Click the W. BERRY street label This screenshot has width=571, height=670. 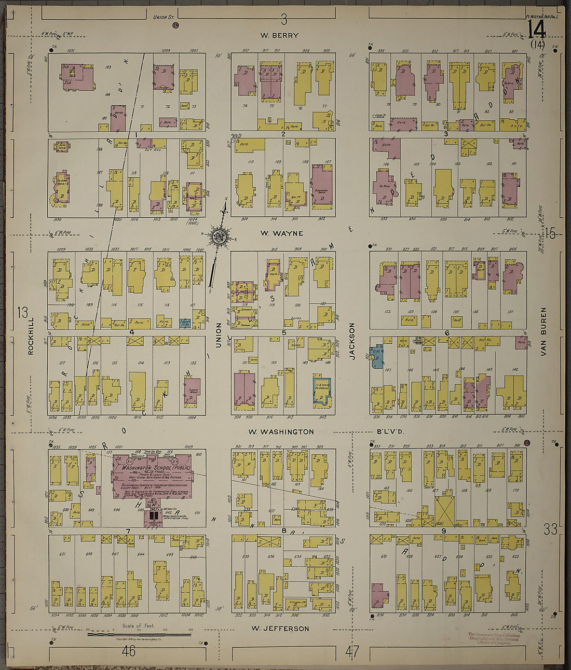tap(279, 35)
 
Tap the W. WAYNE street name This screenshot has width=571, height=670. tap(281, 233)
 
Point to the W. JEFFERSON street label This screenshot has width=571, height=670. tap(280, 629)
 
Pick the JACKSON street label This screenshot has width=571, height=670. tap(351, 341)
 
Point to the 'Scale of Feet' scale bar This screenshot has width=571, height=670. tap(139, 633)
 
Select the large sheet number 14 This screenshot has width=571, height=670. tap(536, 30)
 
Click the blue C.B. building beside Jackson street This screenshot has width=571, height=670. tap(377, 355)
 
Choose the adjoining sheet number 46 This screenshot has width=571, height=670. tap(128, 651)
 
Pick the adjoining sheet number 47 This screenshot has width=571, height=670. tap(352, 652)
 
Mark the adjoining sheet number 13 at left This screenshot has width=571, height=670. tap(22, 313)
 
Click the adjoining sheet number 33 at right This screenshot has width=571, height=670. tap(550, 529)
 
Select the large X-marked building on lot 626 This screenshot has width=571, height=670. tap(444, 511)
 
